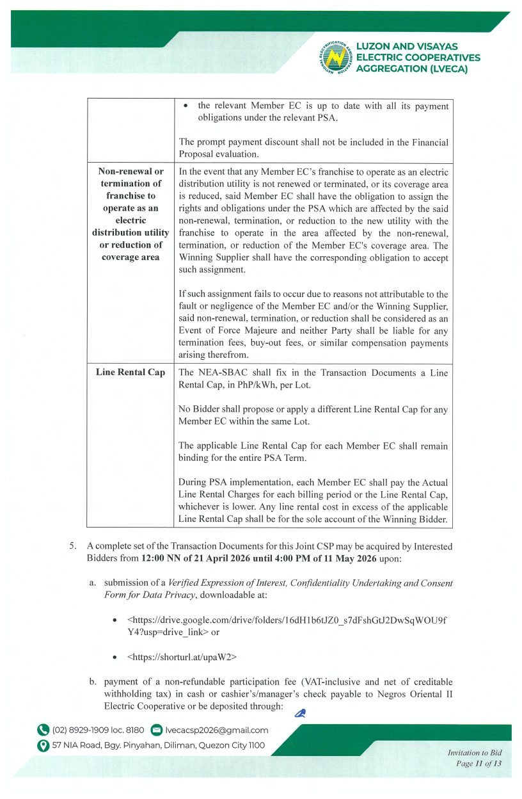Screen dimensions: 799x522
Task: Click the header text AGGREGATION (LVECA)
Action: click(x=411, y=69)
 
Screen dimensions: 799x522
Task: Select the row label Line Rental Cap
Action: click(x=130, y=372)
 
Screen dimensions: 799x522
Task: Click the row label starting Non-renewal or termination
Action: click(x=130, y=214)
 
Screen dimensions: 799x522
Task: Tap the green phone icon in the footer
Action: click(x=43, y=730)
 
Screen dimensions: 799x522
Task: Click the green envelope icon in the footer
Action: click(x=156, y=730)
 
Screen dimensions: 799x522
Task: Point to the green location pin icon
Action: click(x=43, y=745)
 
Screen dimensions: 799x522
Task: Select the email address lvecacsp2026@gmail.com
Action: click(x=217, y=730)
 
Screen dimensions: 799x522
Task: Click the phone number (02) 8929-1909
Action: click(x=84, y=730)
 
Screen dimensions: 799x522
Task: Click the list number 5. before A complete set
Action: click(x=73, y=546)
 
